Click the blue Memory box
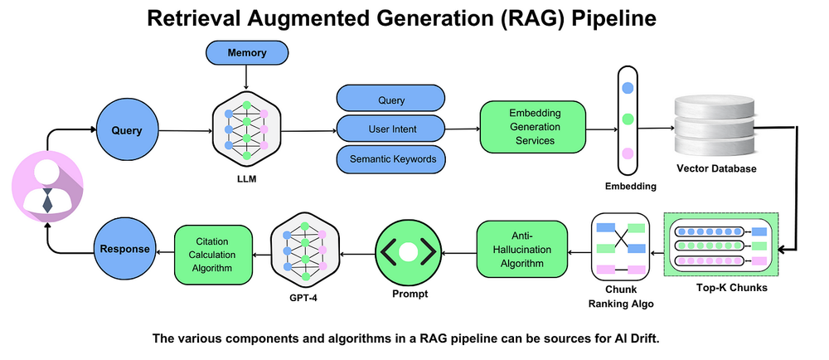[246, 53]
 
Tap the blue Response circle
[125, 248]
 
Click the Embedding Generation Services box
[533, 128]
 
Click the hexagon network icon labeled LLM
[246, 131]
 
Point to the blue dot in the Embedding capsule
[628, 87]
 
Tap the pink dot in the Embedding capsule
[628, 153]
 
